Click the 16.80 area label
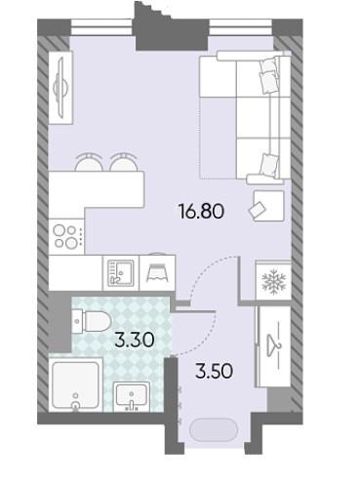point(201,212)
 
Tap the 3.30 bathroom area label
point(135,340)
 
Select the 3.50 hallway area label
point(214,371)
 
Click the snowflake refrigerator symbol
point(274,280)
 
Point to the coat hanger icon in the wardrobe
point(275,345)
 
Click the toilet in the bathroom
point(92,321)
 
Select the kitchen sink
point(121,272)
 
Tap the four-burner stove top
point(66,236)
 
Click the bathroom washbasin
point(132,396)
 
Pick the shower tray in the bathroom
point(75,384)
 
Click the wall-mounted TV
point(60,87)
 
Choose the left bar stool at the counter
point(89,162)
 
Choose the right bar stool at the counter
point(124,162)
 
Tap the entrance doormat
point(214,430)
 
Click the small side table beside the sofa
point(268,206)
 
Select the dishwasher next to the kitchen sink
point(157,272)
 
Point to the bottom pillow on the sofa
point(270,164)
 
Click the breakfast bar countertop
point(97,189)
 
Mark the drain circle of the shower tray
point(76,405)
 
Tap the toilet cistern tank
point(77,321)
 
